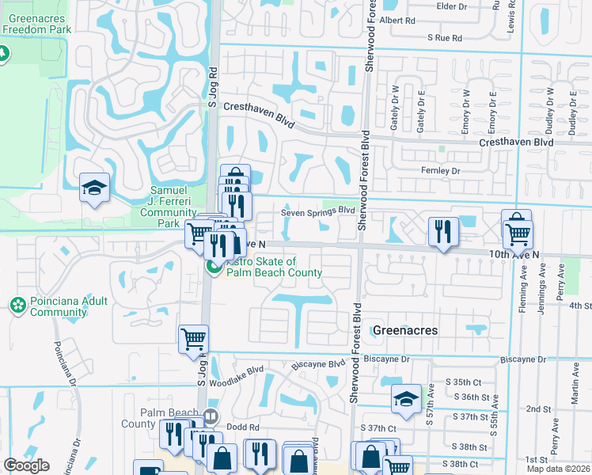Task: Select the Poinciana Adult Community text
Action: pyautogui.click(x=58, y=306)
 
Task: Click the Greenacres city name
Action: pyautogui.click(x=404, y=330)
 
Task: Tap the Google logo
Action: pyautogui.click(x=26, y=465)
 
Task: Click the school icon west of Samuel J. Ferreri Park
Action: pyautogui.click(x=94, y=188)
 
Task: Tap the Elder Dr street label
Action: pyautogui.click(x=451, y=6)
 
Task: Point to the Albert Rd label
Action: pyautogui.click(x=397, y=21)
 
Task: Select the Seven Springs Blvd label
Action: pyautogui.click(x=317, y=211)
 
